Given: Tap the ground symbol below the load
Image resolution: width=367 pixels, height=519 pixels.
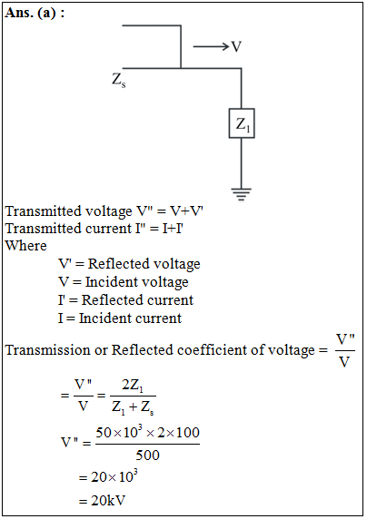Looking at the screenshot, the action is [x=242, y=194].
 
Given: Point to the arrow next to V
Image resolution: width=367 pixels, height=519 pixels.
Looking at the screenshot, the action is [x=211, y=46].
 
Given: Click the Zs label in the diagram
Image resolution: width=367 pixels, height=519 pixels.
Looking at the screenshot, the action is [x=119, y=80].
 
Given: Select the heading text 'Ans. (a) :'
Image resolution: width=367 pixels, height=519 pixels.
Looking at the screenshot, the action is [x=35, y=13].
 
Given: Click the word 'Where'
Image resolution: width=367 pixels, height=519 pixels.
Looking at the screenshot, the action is [x=25, y=246].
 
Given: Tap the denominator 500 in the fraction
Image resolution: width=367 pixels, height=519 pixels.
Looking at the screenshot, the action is [x=147, y=455].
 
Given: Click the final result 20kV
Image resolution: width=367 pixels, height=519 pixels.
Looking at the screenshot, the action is [x=108, y=501].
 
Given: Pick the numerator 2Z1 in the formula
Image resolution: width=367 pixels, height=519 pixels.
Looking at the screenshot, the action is [x=133, y=386].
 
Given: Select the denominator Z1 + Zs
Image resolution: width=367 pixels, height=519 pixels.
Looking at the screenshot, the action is [x=133, y=407].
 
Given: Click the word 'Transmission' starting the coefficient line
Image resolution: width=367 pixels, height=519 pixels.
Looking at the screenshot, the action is [x=48, y=350].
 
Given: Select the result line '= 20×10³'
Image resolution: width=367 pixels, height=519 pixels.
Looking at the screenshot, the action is [x=108, y=476].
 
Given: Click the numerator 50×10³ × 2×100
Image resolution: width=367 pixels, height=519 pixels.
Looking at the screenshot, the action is [x=147, y=432].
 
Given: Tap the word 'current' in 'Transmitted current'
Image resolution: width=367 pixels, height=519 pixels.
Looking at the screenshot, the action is [x=109, y=229].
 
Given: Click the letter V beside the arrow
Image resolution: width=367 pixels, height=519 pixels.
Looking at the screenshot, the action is [x=236, y=46].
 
